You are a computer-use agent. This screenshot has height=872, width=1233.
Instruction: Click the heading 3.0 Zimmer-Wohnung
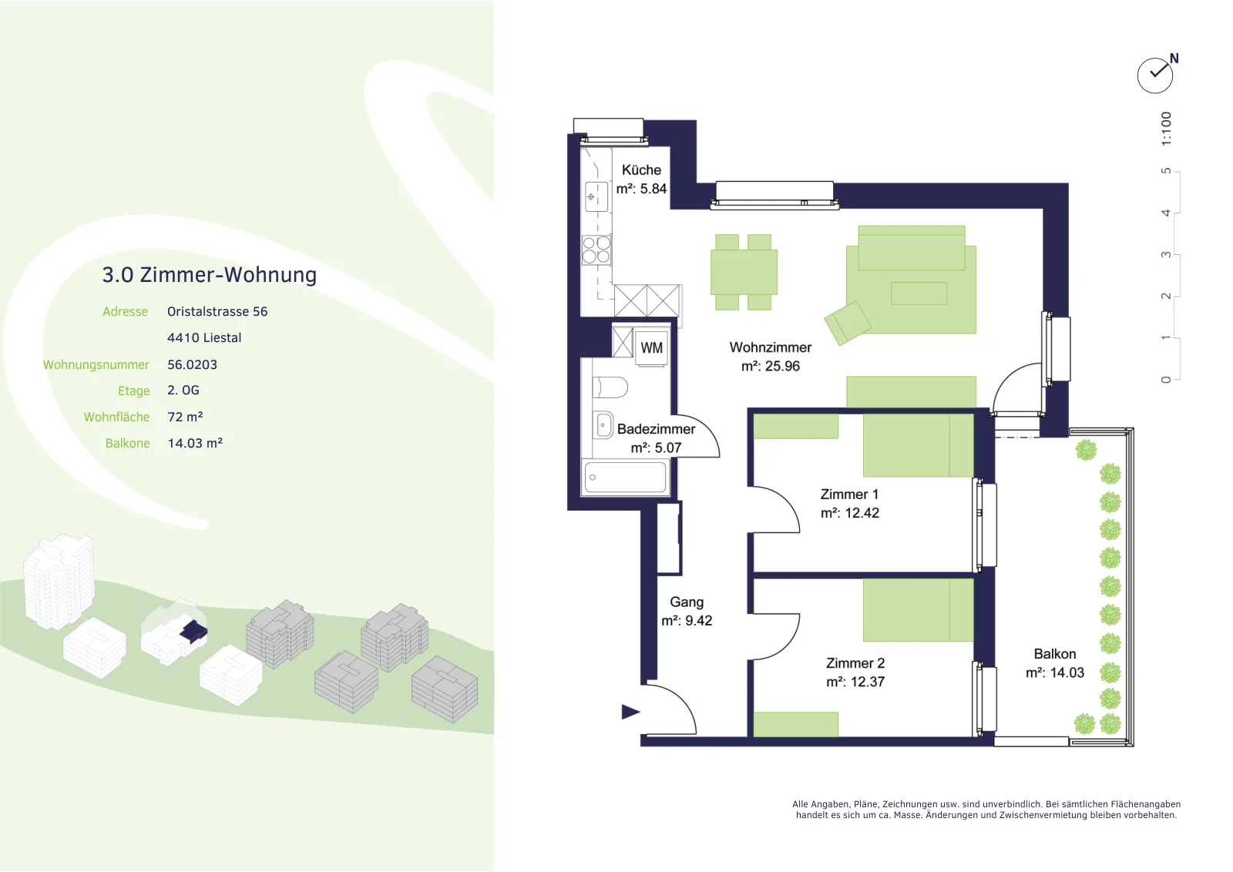point(209,274)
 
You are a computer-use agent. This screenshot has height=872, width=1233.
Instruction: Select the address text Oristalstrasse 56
point(217,311)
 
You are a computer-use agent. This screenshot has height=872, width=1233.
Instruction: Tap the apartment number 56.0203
point(192,364)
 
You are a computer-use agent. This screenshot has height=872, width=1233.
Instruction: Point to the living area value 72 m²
point(185,417)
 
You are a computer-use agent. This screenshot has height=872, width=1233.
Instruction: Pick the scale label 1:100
point(1166,129)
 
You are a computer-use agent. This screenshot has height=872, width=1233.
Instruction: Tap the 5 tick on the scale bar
point(1165,171)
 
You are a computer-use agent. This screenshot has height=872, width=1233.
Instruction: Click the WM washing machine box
point(652,347)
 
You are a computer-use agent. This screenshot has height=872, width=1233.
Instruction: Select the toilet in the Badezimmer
point(610,387)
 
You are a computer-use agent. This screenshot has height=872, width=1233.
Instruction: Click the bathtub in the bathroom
point(625,476)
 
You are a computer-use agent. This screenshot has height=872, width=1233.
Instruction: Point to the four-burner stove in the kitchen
point(596,250)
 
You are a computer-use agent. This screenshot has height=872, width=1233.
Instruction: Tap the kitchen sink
point(596,196)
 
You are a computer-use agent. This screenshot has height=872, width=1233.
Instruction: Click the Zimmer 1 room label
point(849,494)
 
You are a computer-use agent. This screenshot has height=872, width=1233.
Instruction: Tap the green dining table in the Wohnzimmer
point(744,272)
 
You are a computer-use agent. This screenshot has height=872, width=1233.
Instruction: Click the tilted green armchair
point(847,323)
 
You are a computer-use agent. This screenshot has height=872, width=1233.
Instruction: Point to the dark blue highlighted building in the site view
point(193,631)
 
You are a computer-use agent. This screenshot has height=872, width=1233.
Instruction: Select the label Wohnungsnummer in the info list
point(96,365)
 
